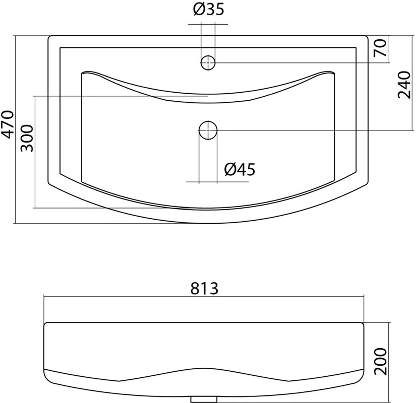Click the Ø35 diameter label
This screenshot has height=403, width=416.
point(209,9)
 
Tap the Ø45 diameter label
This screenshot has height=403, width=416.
point(240,169)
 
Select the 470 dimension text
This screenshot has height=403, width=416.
point(7,124)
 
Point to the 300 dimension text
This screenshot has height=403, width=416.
point(27,138)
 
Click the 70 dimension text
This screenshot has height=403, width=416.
point(380,48)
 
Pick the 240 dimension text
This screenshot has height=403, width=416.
point(404,85)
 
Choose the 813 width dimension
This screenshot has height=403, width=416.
point(205,289)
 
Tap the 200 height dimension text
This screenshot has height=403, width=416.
point(380,361)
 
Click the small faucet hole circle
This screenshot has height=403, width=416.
point(208,63)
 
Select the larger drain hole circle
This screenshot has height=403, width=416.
point(208,130)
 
